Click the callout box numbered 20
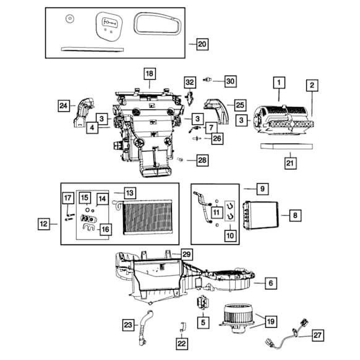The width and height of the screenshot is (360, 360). [x=202, y=44]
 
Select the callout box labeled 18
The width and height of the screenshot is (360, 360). [x=149, y=74]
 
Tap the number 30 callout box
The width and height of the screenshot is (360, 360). [x=229, y=81]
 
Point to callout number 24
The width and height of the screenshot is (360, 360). [x=64, y=106]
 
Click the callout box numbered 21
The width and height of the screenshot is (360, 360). [x=289, y=163]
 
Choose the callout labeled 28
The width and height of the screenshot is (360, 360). [x=203, y=161]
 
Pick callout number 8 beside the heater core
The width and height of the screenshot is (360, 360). [x=296, y=215]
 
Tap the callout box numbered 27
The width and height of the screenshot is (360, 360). [x=317, y=335]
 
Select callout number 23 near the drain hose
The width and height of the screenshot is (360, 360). [x=127, y=324]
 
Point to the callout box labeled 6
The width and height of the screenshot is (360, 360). [x=270, y=283]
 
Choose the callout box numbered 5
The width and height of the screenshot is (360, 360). [x=202, y=322]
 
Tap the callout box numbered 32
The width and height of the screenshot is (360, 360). [x=189, y=82]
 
